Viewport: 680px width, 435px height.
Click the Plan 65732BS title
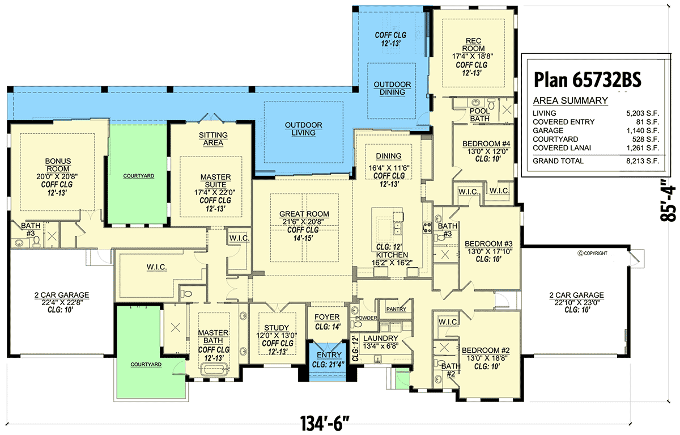[x=588, y=80]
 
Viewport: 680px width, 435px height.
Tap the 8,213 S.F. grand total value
[x=643, y=161]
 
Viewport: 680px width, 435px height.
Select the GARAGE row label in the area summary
[x=548, y=130]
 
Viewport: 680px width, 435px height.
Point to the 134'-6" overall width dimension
[x=325, y=424]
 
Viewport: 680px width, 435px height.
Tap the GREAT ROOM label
[x=304, y=214]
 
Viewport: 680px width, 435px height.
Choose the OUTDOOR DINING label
[x=392, y=88]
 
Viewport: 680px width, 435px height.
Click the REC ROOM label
[x=473, y=45]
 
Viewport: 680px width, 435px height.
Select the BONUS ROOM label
[x=58, y=165]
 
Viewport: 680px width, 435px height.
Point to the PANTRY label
[x=396, y=309]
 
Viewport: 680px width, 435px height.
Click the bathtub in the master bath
[x=215, y=370]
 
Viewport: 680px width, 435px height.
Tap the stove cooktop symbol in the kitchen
[x=427, y=227]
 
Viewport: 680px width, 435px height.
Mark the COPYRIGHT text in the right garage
[x=592, y=253]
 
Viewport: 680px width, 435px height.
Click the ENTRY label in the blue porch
[x=329, y=355]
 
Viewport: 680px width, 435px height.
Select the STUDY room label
[x=277, y=328]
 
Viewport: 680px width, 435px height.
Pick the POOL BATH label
[x=479, y=115]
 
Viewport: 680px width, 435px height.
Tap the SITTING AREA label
[x=213, y=139]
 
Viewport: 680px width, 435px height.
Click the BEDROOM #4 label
[x=486, y=143]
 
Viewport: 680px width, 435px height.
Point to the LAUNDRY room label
[x=381, y=339]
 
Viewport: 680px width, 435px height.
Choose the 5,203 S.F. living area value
[x=643, y=113]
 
